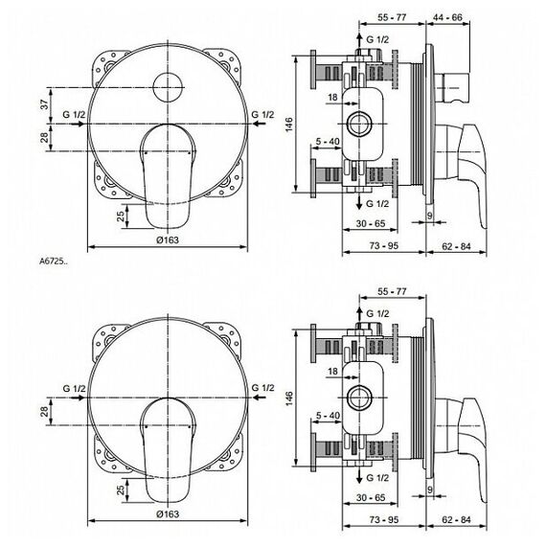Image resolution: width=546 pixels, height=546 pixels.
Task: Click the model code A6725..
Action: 54,262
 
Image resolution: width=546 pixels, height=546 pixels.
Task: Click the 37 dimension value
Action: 45,104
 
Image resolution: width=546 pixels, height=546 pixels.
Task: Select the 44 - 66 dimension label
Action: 447,17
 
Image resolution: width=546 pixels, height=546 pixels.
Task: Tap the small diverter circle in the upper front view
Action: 168,87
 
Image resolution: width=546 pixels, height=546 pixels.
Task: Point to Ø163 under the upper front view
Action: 168,239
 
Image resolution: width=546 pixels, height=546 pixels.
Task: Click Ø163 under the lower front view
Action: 168,513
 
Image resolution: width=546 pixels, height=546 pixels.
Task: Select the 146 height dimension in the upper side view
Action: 289,125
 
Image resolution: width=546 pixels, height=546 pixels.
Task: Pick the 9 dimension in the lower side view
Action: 430,489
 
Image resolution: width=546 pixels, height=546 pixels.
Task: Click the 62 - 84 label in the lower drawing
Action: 456,520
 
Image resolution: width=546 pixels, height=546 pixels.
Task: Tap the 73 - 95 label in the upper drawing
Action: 384,246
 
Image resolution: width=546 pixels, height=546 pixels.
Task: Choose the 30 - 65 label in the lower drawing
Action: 371,497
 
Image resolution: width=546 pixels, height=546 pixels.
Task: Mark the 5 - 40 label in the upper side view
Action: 328,142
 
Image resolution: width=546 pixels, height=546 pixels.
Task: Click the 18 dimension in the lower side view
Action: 333,372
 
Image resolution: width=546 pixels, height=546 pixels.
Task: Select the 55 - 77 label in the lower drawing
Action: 392,291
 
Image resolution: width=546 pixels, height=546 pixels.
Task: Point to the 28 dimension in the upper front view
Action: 45,137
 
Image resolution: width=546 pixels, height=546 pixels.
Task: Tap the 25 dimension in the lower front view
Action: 121,490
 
